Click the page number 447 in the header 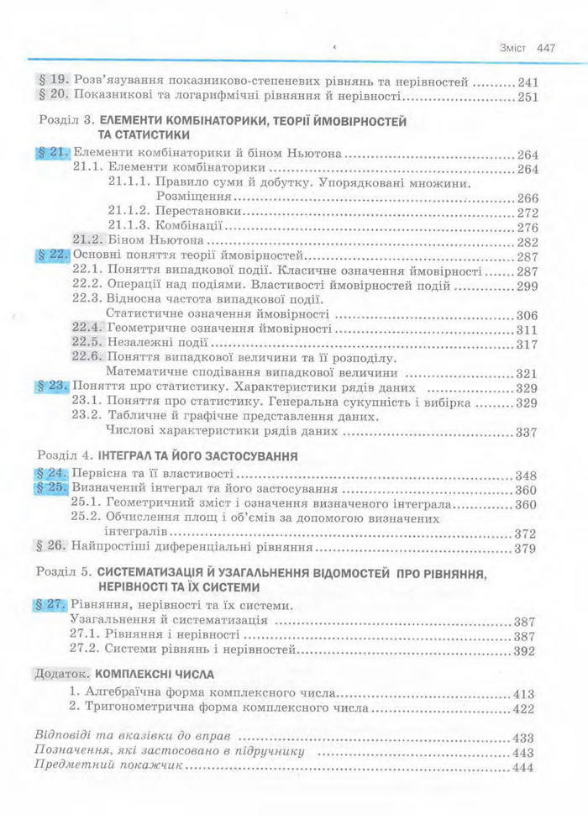tap(546, 48)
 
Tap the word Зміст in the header tap(512, 48)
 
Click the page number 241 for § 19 tap(528, 82)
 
